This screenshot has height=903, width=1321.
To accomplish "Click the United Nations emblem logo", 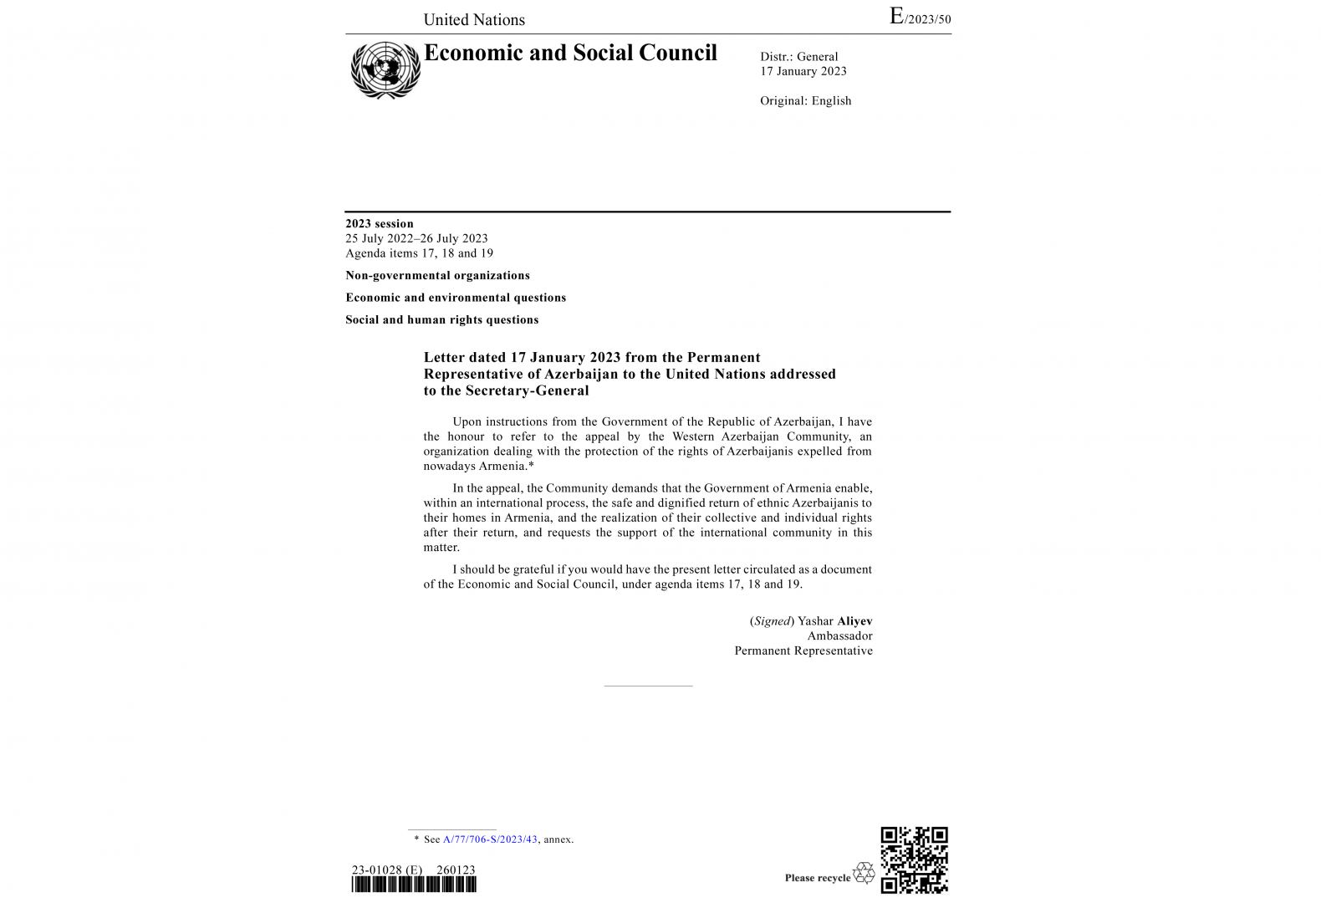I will (385, 70).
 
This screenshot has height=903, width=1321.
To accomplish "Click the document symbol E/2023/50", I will (920, 18).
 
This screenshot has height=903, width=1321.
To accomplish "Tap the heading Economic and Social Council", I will (570, 53).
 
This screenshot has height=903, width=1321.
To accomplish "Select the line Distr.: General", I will (798, 57).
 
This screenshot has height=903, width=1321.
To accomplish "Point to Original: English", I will (805, 101).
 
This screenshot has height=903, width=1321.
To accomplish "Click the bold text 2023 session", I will (380, 223).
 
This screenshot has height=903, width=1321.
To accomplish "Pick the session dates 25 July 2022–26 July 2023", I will (416, 238).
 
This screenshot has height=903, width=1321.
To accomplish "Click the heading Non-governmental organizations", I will (437, 275).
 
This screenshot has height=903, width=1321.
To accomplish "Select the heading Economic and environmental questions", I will (456, 298).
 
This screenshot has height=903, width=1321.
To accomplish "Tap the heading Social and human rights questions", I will (441, 319).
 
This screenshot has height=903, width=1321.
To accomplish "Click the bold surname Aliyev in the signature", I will (854, 621).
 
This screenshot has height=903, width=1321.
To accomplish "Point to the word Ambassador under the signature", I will (839, 636).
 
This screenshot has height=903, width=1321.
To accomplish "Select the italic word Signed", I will (772, 621).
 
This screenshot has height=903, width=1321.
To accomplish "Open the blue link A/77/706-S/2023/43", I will (490, 839).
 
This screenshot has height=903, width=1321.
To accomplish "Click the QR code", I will (914, 860).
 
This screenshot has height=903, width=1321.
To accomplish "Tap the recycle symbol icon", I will (864, 874).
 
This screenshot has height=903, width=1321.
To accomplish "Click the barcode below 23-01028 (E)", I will (414, 885).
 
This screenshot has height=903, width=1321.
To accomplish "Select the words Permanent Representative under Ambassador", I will (803, 651).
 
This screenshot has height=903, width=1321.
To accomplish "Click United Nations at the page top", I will (474, 20).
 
